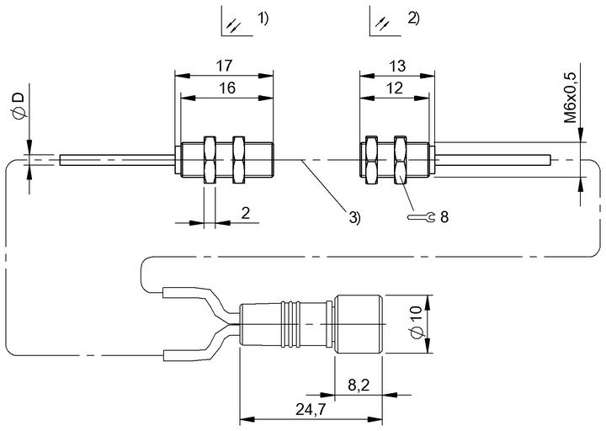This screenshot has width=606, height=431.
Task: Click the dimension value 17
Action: click(x=224, y=66)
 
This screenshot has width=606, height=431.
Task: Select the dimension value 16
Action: click(x=227, y=88)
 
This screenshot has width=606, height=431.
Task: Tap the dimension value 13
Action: click(x=397, y=66)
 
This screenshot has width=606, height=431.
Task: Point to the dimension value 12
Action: click(x=394, y=88)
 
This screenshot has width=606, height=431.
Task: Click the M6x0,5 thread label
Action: click(x=570, y=98)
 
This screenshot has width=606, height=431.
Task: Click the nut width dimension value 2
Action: click(x=246, y=213)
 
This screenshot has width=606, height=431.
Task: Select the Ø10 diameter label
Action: click(x=417, y=322)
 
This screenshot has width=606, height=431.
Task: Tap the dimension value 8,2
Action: click(x=359, y=385)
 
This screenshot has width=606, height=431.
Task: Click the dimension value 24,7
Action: click(x=311, y=409)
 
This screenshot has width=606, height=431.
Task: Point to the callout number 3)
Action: click(x=354, y=217)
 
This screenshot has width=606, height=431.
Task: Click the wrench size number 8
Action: click(x=444, y=217)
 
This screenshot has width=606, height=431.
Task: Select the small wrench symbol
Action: click(x=422, y=217)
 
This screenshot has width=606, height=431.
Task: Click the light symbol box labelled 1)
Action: click(x=237, y=21)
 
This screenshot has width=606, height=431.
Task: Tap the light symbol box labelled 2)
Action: click(x=385, y=21)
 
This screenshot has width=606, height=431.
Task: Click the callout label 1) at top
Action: click(x=263, y=19)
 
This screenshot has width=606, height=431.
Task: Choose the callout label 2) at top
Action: click(x=413, y=19)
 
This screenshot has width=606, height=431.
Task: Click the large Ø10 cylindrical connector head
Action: click(x=359, y=324)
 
